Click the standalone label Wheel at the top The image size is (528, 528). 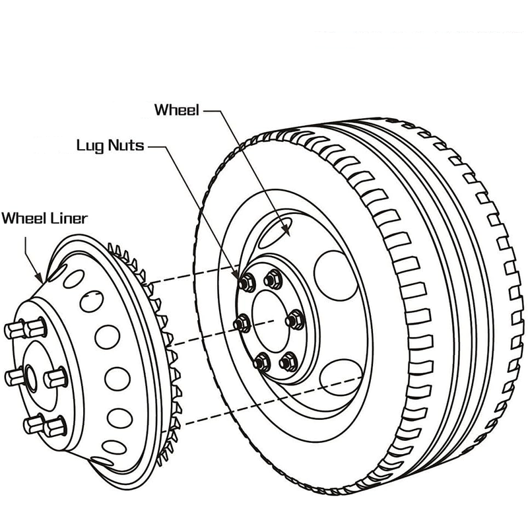(x=176, y=110)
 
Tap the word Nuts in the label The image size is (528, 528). (x=127, y=145)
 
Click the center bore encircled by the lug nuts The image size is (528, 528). (x=269, y=321)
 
